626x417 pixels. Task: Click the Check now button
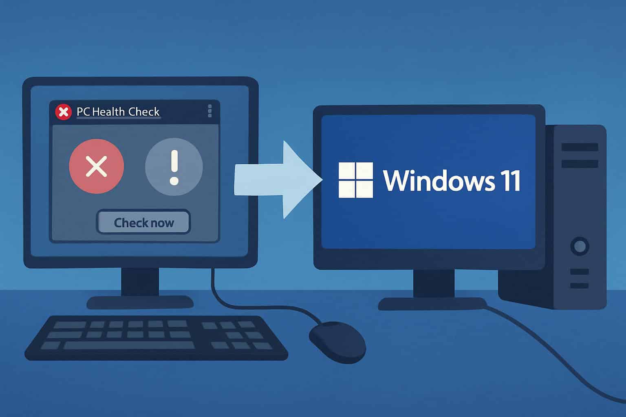pos(143,222)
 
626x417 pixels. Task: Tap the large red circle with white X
pos(97,166)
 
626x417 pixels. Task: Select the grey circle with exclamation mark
pos(174,167)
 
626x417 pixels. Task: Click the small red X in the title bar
pos(63,112)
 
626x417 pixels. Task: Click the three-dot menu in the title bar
pos(209,111)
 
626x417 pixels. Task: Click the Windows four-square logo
pos(356,180)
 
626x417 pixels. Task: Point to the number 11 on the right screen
pos(511,181)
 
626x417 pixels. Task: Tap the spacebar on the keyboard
pos(129,345)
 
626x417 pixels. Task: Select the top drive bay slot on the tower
pos(580,147)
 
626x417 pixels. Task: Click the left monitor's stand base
pos(140,302)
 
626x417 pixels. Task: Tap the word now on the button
pos(162,223)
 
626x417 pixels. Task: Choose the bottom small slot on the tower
pos(579,285)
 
